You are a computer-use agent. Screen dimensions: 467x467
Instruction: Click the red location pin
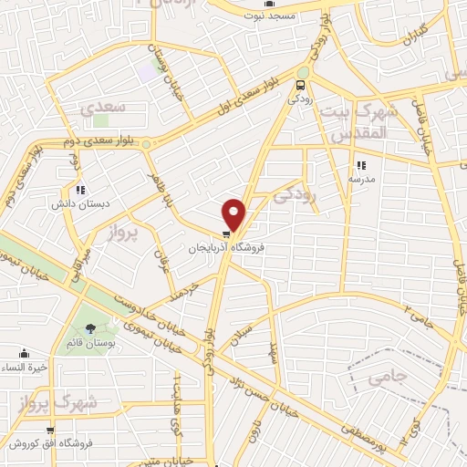click(234, 213)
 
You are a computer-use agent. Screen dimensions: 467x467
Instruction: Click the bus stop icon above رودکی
click(298, 86)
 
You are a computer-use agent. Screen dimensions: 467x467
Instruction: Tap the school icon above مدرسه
click(361, 166)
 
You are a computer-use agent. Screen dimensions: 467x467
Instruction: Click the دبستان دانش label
click(74, 203)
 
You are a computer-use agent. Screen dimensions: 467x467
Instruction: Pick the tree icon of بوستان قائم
click(90, 328)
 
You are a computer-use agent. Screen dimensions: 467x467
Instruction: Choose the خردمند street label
click(182, 289)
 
